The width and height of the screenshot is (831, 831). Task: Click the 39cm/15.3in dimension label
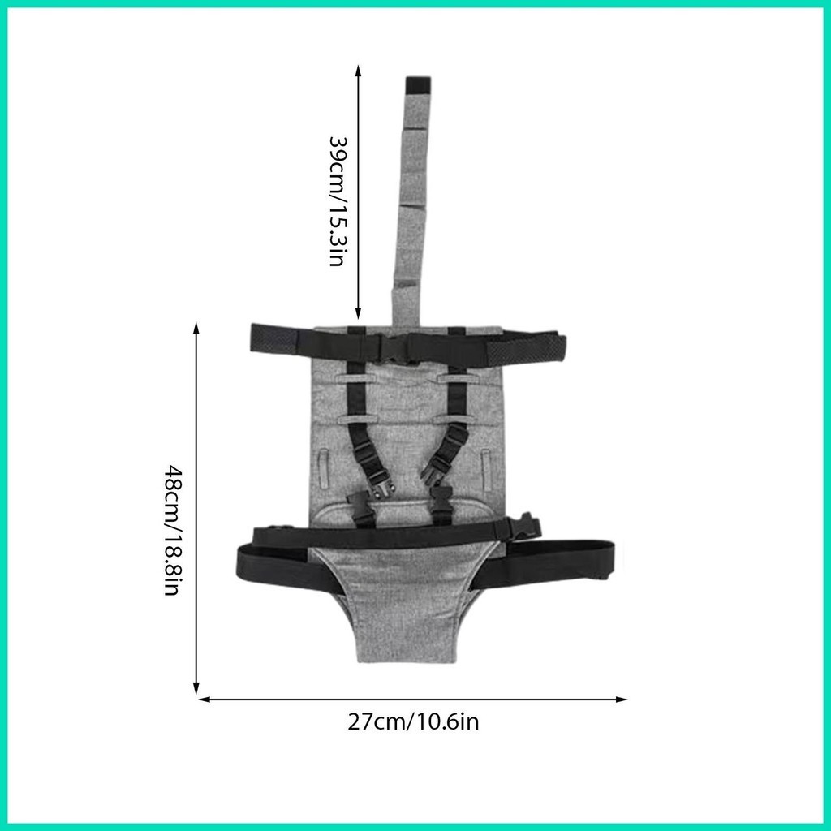click(338, 201)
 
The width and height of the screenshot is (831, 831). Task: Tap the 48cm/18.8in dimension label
click(174, 530)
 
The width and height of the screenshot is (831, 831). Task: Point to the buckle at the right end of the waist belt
click(525, 526)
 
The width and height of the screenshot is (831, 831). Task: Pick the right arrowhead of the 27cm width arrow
click(621, 699)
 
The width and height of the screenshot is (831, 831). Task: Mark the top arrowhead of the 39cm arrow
click(358, 71)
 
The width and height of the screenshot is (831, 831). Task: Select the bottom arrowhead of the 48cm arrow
click(196, 687)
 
